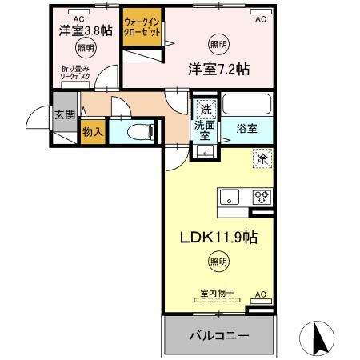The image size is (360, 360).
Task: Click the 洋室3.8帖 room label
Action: pyautogui.click(x=85, y=30)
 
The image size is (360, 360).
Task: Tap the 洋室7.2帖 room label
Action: pyautogui.click(x=218, y=68)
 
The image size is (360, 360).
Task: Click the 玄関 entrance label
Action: pyautogui.click(x=65, y=115)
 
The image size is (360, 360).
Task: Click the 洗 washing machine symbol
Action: pyautogui.click(x=206, y=109)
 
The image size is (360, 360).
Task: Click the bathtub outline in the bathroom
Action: pyautogui.click(x=246, y=104)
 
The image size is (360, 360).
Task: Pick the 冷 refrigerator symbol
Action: pyautogui.click(x=261, y=158)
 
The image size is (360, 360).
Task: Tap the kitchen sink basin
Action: pyautogui.click(x=227, y=197)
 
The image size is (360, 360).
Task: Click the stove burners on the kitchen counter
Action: pyautogui.click(x=262, y=197)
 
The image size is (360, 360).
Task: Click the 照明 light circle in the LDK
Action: pyautogui.click(x=217, y=261)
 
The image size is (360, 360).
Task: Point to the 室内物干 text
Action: pyautogui.click(x=216, y=294)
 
